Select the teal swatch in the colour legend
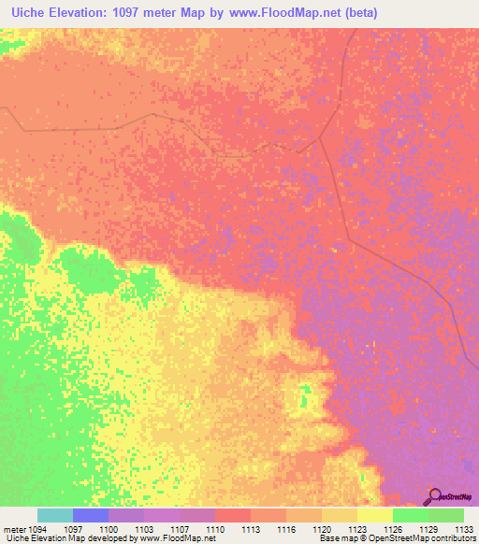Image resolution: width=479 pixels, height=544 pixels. (x=54, y=515)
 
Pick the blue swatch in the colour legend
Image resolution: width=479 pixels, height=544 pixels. (x=90, y=515)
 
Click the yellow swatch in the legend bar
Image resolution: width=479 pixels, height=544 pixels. (x=374, y=515)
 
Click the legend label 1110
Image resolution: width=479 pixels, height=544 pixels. (x=214, y=529)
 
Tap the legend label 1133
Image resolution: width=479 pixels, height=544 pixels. (x=463, y=529)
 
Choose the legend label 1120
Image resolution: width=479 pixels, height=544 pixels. (x=321, y=529)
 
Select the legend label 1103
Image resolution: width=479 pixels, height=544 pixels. (x=143, y=529)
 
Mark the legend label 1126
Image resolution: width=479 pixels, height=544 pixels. (x=392, y=529)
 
